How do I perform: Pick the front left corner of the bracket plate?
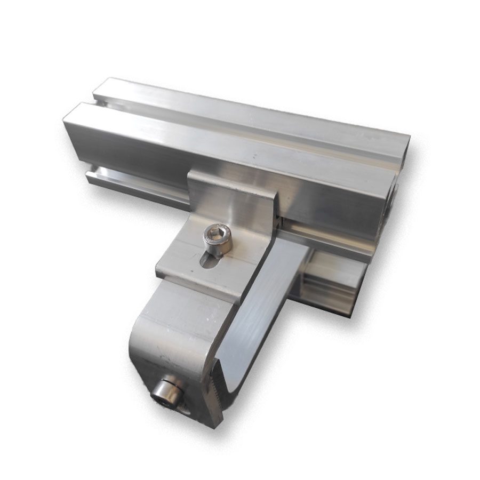tap(157, 272)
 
